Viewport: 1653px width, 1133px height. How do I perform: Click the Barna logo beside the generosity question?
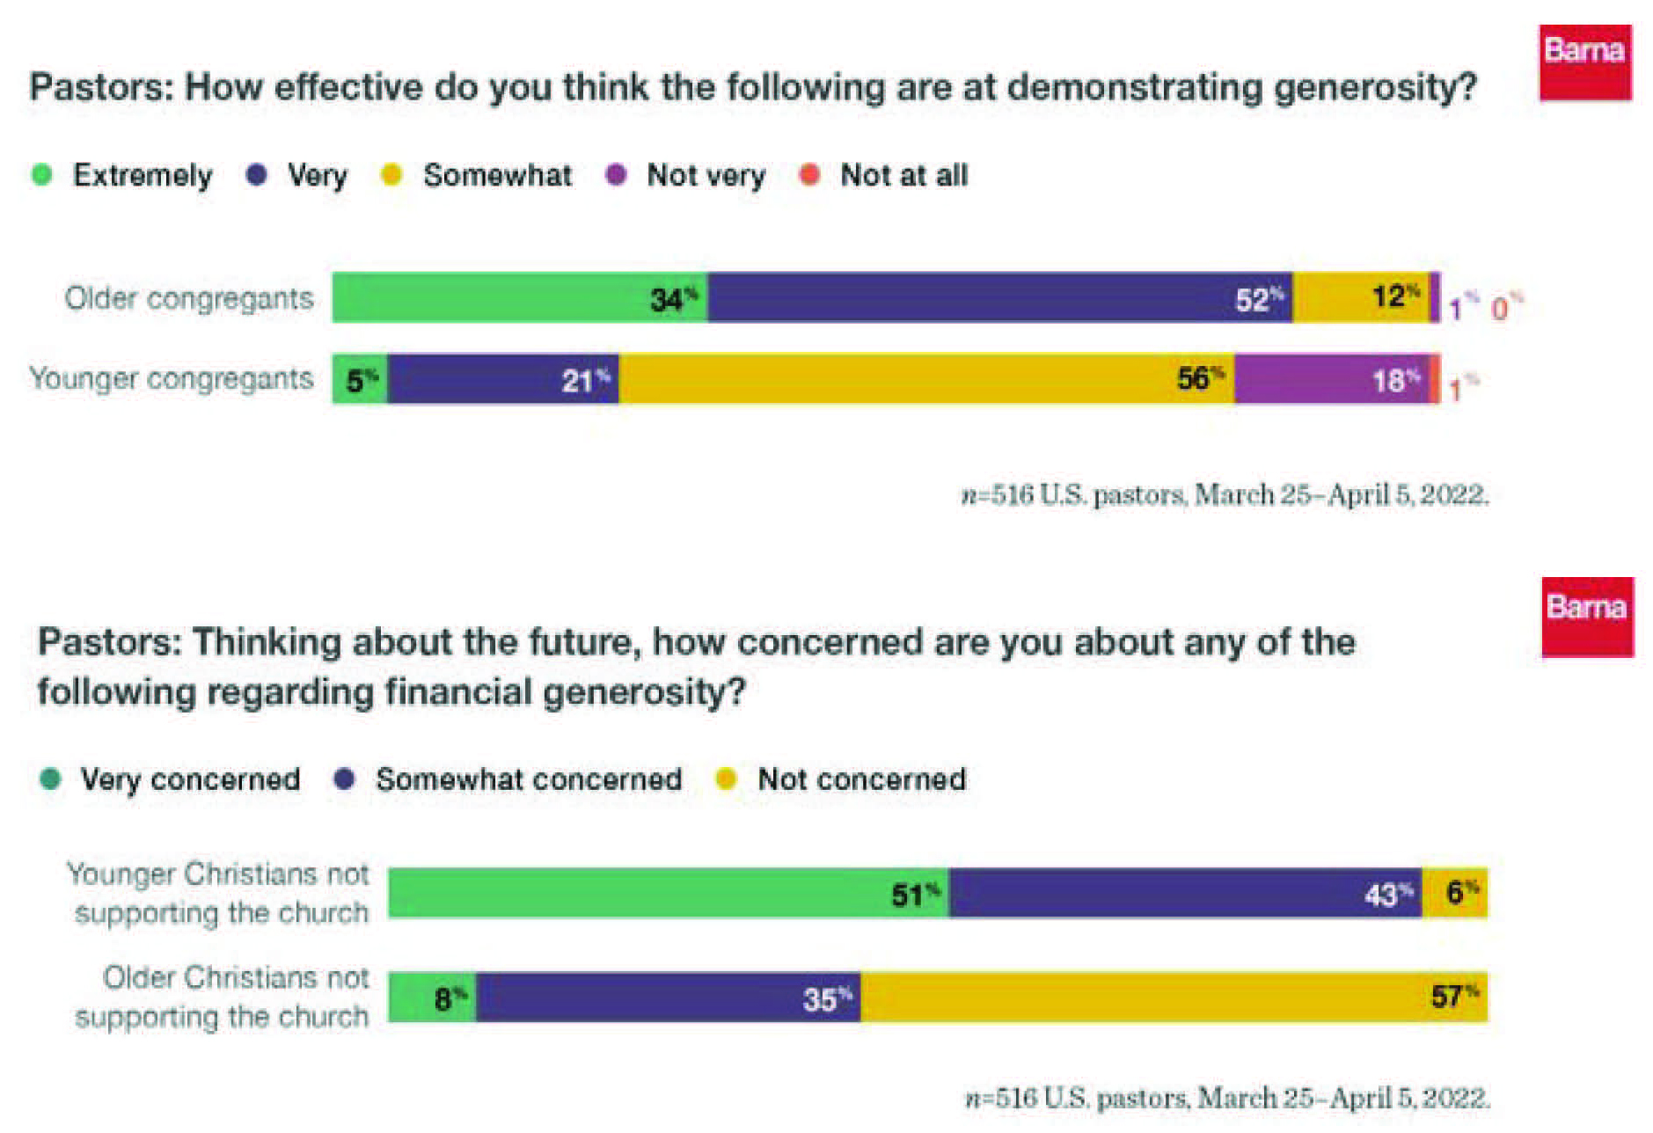pyautogui.click(x=1584, y=62)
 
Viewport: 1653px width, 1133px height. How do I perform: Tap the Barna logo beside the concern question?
pyautogui.click(x=1587, y=617)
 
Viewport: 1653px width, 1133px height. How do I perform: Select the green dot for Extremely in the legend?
pyautogui.click(x=41, y=175)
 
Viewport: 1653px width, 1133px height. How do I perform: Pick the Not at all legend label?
pyautogui.click(x=903, y=175)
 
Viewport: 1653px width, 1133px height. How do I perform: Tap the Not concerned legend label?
pyautogui.click(x=861, y=779)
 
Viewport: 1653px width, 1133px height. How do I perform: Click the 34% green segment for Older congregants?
pyautogui.click(x=519, y=297)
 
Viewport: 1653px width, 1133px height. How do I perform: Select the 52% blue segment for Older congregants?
pyautogui.click(x=999, y=297)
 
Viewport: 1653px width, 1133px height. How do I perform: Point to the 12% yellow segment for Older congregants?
pyautogui.click(x=1360, y=297)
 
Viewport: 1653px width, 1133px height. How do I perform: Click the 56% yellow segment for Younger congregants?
pyautogui.click(x=925, y=379)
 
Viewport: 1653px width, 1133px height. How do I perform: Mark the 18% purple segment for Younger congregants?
pyautogui.click(x=1331, y=379)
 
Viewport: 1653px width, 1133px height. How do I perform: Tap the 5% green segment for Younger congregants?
pyautogui.click(x=360, y=379)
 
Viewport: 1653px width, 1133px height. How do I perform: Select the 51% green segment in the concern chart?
pyautogui.click(x=668, y=893)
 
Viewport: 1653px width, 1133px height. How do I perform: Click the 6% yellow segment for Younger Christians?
pyautogui.click(x=1455, y=893)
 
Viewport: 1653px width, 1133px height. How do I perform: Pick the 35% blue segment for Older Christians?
pyautogui.click(x=668, y=998)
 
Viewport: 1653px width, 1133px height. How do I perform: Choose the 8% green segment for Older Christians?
pyautogui.click(x=432, y=998)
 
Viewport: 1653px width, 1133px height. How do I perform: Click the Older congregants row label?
pyautogui.click(x=189, y=298)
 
